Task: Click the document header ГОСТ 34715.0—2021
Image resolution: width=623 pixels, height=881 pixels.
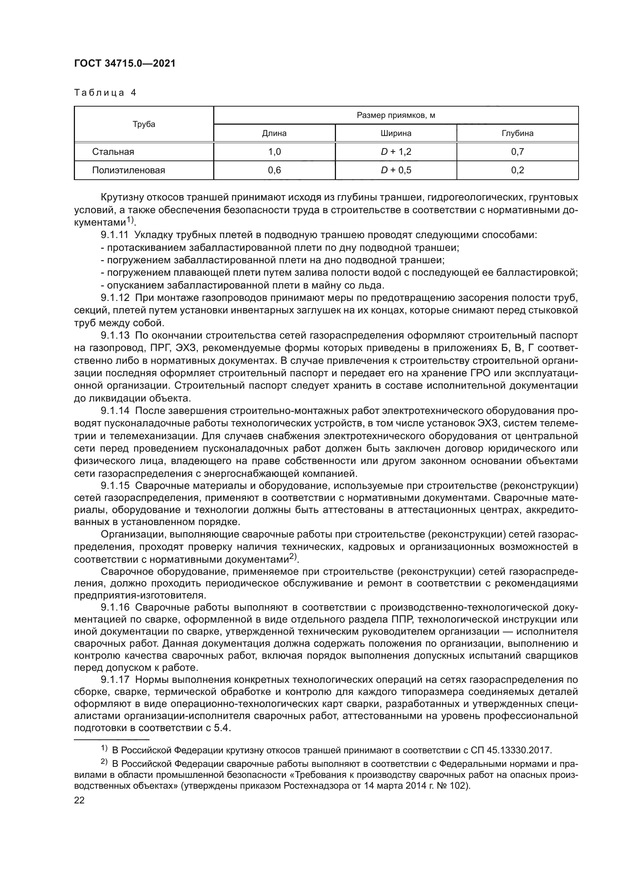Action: (x=125, y=64)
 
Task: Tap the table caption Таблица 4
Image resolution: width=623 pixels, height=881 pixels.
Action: (x=105, y=93)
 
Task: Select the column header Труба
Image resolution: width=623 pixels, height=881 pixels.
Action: (x=144, y=124)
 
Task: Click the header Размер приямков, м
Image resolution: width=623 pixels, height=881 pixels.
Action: (x=395, y=116)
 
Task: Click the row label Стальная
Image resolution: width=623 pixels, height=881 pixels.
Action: (x=113, y=152)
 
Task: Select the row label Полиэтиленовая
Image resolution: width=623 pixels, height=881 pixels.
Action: (x=128, y=170)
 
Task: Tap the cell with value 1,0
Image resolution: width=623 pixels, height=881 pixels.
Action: (x=274, y=152)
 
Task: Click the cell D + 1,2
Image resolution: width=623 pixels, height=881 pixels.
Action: (x=395, y=152)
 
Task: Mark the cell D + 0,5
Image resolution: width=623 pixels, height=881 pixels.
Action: (x=395, y=170)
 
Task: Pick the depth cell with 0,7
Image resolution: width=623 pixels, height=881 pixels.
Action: (x=517, y=152)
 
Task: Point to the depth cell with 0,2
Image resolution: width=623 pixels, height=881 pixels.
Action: (x=517, y=170)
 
